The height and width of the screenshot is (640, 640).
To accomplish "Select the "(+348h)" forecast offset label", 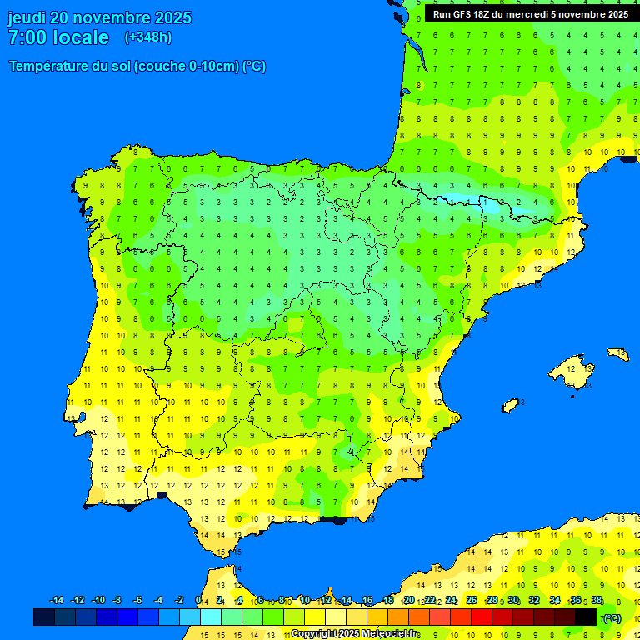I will (x=147, y=37).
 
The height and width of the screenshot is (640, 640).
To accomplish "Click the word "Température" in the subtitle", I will (x=49, y=67).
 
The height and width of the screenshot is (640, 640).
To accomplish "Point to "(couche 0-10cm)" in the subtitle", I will (x=187, y=67).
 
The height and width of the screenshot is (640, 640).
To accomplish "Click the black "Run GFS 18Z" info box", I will (x=527, y=14).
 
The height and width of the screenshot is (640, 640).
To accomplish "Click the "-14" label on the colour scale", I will (x=57, y=601).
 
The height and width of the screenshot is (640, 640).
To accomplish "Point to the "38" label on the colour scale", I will (x=597, y=601).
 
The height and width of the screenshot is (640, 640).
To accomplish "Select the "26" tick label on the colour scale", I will (x=472, y=601).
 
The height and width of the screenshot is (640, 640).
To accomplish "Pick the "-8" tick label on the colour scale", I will (x=117, y=601).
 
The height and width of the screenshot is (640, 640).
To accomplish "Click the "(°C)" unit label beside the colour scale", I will (x=612, y=618).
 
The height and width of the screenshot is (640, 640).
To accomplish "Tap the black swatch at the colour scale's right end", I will (x=586, y=617).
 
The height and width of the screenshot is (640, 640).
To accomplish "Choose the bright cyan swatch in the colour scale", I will (x=211, y=617).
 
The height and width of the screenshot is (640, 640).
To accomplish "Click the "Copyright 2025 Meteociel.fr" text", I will (x=354, y=634).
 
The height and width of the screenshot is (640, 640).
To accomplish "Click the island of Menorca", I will (x=618, y=354).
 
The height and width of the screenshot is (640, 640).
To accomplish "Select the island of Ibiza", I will (x=512, y=405).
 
